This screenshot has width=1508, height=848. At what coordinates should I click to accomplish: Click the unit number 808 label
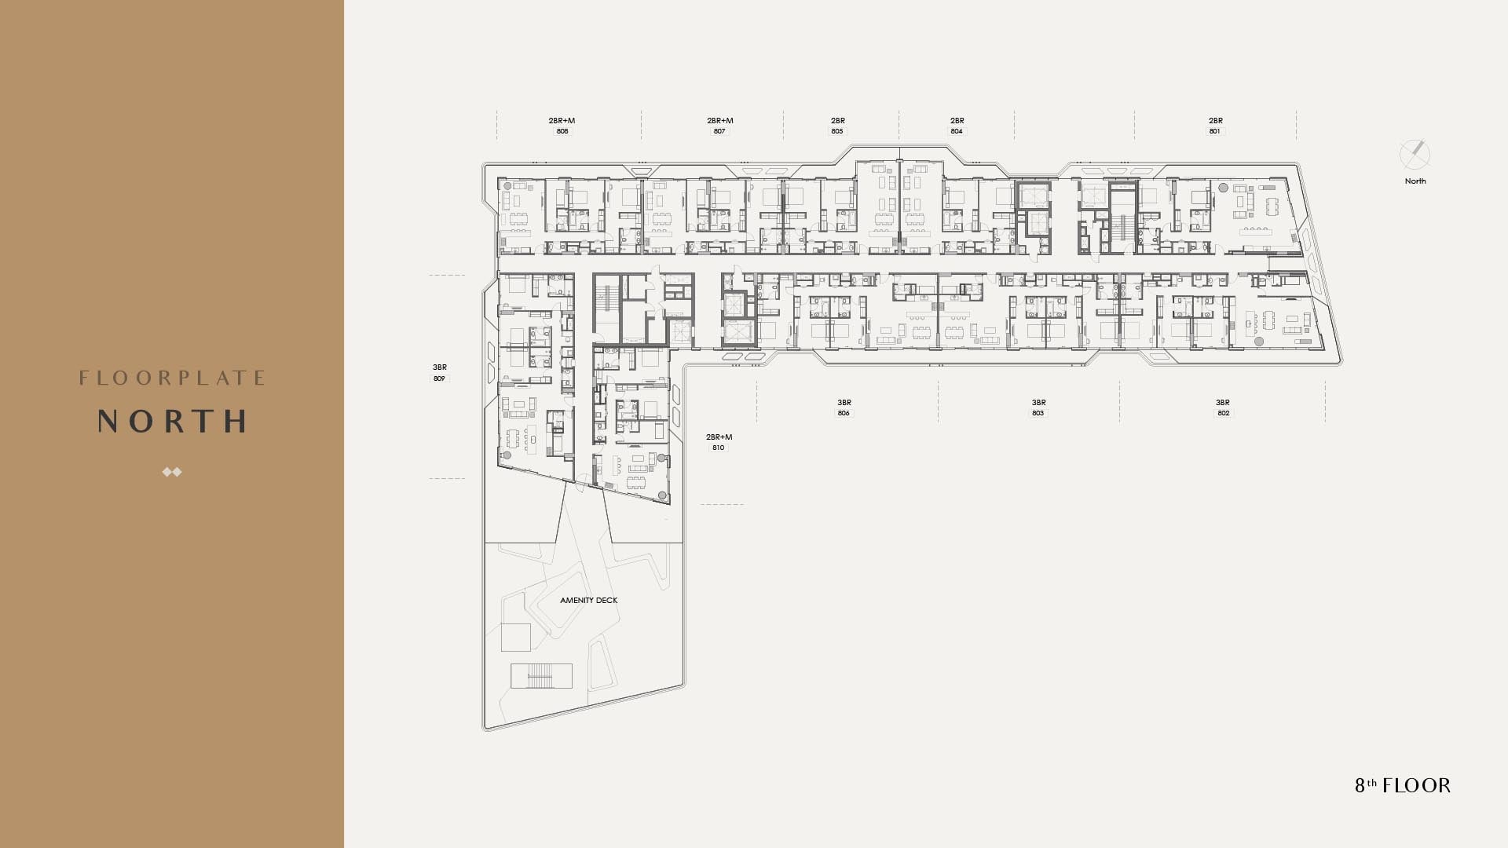tap(562, 131)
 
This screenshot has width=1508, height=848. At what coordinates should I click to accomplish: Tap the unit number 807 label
tap(719, 131)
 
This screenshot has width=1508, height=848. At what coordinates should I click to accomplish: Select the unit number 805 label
tap(837, 131)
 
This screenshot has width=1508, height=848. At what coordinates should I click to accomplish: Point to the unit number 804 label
tap(957, 131)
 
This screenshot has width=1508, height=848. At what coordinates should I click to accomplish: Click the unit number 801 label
tap(1215, 131)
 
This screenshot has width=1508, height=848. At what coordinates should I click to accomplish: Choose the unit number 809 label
tap(439, 378)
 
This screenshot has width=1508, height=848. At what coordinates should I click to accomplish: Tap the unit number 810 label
tap(718, 448)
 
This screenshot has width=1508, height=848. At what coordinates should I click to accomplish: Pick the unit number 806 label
tap(844, 413)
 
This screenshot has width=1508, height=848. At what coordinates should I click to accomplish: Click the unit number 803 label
tap(1038, 413)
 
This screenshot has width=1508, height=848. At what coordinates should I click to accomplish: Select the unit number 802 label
tap(1224, 413)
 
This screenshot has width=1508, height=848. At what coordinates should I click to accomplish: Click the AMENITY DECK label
tap(589, 601)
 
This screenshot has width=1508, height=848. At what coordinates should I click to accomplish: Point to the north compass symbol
tap(1415, 155)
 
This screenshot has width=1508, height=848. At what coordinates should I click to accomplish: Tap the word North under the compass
tap(1415, 181)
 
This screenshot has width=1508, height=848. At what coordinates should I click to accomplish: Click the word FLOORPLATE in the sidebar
tap(172, 378)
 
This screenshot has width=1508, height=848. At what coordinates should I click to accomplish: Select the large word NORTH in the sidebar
tap(172, 422)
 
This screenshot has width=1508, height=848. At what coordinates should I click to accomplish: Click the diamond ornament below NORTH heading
tap(172, 472)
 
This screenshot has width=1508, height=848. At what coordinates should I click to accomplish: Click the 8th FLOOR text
tap(1403, 785)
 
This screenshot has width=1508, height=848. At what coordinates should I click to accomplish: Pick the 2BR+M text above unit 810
tap(719, 437)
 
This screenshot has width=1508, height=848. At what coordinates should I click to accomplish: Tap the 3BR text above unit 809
tap(440, 367)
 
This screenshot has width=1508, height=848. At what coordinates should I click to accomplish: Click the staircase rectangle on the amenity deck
tap(541, 676)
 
